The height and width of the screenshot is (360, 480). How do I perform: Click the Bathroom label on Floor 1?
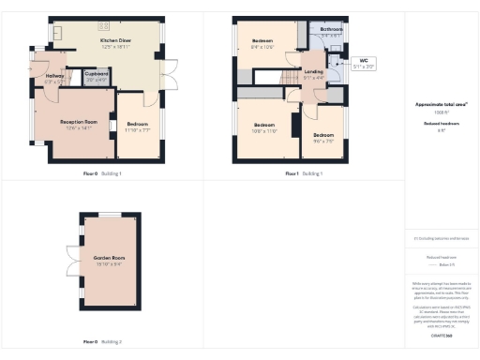tap(332, 32)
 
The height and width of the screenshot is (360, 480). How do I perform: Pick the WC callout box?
tap(363, 65)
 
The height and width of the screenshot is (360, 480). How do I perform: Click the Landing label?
tap(313, 75)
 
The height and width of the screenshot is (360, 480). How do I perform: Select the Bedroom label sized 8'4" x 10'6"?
tap(262, 44)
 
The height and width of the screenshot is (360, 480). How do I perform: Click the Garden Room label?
tap(109, 260)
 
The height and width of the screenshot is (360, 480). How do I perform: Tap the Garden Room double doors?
tap(72, 262)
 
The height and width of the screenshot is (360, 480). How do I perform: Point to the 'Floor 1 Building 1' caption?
tap(304, 173)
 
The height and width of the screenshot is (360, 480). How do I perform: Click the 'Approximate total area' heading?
tap(441, 104)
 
